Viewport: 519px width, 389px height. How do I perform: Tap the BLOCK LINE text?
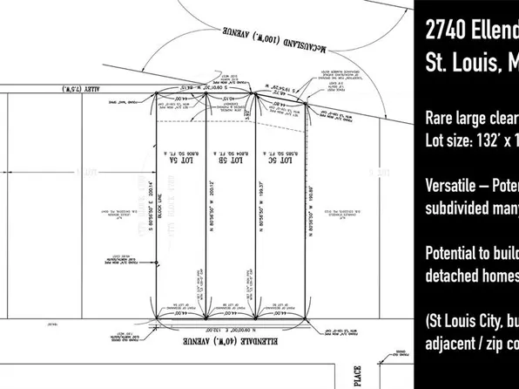(162, 209)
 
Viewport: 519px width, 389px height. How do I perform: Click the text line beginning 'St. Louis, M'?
(471, 65)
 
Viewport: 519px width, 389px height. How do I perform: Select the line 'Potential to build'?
(471, 254)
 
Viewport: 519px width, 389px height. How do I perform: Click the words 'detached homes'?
(471, 276)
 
